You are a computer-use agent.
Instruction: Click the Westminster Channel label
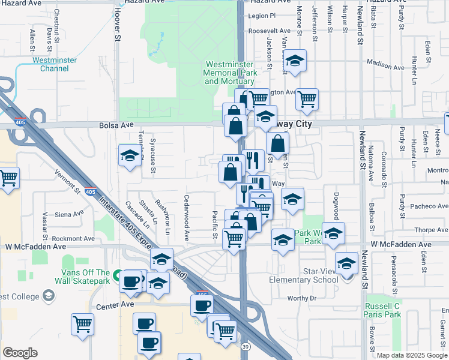coord(54,64)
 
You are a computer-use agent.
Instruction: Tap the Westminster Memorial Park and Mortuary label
coord(231,73)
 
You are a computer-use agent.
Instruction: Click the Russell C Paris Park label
coord(384,310)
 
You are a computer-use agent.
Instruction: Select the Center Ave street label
coord(115,305)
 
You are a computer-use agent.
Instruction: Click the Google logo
coord(20,353)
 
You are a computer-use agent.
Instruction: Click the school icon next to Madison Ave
coord(295,61)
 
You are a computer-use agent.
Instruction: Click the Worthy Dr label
coord(301,298)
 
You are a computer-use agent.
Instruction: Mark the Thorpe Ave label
coord(432,230)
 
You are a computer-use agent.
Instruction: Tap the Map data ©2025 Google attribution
coord(412,355)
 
